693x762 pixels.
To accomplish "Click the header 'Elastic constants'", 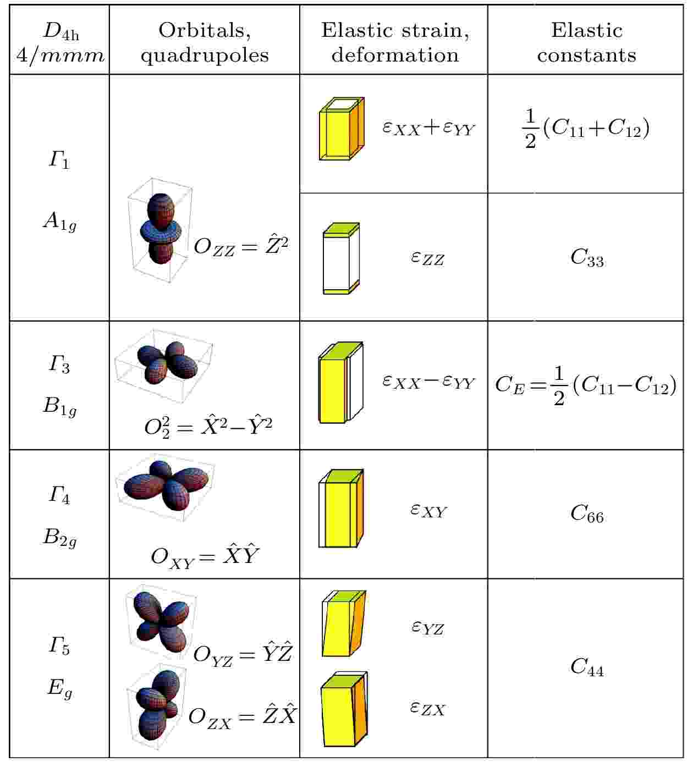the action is click(586, 42).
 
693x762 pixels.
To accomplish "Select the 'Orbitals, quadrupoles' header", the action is click(205, 42).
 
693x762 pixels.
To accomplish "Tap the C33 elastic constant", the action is click(587, 258).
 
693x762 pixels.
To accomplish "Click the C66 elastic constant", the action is click(587, 513).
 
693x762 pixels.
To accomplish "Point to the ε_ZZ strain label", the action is click(428, 258).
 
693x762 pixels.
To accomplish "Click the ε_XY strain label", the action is click(428, 511).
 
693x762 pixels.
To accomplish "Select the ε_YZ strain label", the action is click(428, 628).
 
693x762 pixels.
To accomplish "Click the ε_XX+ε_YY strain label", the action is click(429, 128).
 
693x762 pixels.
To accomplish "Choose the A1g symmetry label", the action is click(60, 221).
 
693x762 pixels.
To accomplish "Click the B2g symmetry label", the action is click(60, 538).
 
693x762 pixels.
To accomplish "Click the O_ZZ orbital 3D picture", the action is click(160, 230).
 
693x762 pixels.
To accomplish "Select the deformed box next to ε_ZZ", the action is click(341, 258).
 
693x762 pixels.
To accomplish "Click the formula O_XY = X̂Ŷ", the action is click(205, 556).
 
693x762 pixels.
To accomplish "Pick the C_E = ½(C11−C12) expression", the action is click(586, 385).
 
